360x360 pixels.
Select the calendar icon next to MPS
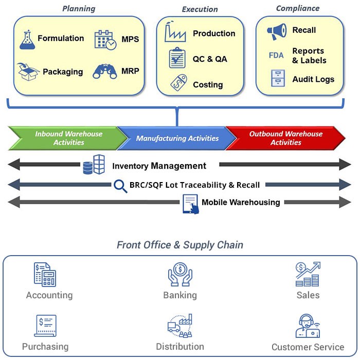point(105,40)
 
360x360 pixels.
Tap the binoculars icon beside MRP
point(105,70)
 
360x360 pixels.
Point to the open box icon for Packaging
point(29,71)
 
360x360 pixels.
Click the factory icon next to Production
point(175,33)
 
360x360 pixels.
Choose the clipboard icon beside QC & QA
point(177,58)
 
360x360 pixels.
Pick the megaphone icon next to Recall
point(277,31)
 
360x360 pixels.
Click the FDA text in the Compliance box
point(276,55)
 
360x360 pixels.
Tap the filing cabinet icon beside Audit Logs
point(278,79)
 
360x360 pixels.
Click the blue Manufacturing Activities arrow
point(177,138)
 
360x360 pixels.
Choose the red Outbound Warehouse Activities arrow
point(285,138)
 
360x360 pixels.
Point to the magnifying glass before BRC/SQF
point(121,186)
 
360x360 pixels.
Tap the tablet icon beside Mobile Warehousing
point(191,204)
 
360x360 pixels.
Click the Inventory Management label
point(159,166)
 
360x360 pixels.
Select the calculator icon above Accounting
point(45,275)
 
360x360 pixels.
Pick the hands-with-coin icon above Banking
point(180,275)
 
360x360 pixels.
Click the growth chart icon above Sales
point(308,275)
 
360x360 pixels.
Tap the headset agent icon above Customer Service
point(308,326)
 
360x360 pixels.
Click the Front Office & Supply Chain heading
point(179,245)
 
